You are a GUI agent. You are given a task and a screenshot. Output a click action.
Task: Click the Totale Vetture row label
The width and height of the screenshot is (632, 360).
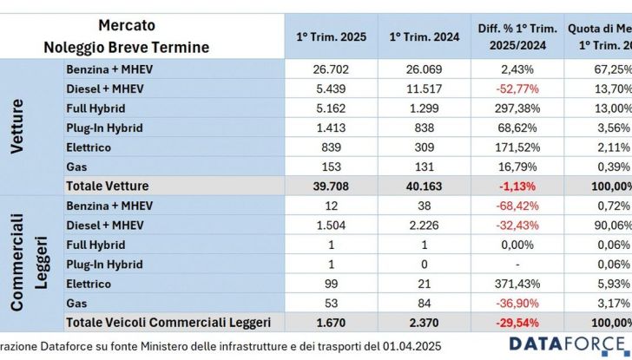click(107, 185)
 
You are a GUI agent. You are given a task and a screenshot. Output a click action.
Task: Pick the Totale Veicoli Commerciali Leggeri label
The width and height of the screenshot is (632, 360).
click(168, 322)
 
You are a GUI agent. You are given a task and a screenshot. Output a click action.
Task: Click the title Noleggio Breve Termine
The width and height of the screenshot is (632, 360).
click(127, 48)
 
